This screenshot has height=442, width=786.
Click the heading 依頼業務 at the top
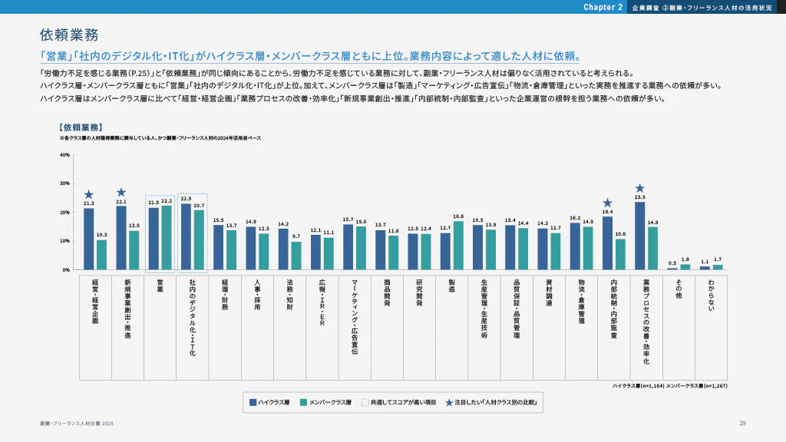tap(69, 35)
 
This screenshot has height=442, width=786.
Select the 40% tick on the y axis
tap(64, 155)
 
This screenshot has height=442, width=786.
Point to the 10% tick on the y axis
tap(64, 241)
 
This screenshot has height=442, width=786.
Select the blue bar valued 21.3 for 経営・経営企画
tap(89, 239)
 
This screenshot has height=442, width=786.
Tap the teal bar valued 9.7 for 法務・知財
tap(296, 256)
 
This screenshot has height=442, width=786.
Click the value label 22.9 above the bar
tap(186, 199)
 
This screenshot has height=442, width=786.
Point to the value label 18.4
tap(607, 212)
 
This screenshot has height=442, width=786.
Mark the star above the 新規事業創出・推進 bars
tap(121, 193)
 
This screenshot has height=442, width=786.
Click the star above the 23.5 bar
tap(639, 188)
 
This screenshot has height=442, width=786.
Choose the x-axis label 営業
tap(160, 286)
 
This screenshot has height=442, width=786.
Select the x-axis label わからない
tap(711, 295)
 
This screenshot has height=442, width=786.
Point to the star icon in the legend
tap(449, 401)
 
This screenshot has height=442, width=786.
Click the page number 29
tap(742, 424)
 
